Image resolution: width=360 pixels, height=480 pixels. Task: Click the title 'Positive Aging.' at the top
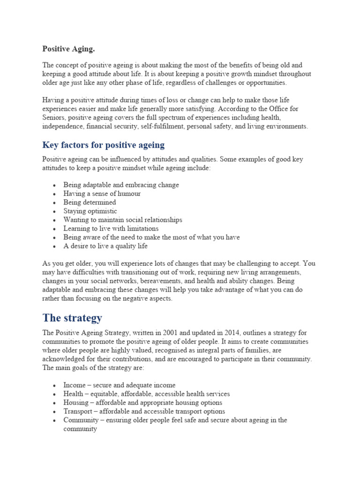tap(68, 49)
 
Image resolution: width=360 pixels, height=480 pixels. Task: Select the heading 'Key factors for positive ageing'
tap(104, 144)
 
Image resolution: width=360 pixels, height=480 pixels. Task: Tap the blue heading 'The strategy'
tap(72, 318)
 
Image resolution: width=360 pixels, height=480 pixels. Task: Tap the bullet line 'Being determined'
tap(90, 202)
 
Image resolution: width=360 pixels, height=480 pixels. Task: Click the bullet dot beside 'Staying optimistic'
tap(55, 211)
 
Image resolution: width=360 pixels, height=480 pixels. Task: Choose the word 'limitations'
tap(141, 229)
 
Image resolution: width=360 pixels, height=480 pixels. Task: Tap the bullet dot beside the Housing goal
tap(55, 403)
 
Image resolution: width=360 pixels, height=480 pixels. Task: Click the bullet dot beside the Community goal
tap(55, 420)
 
